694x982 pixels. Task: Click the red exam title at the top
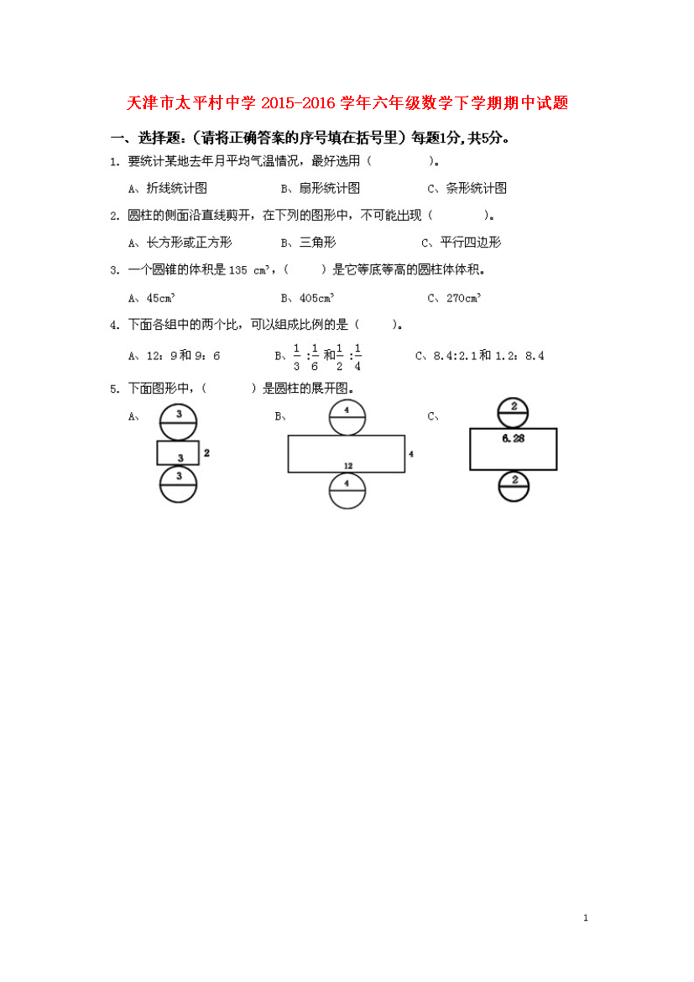(347, 102)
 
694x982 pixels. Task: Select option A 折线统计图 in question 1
(167, 188)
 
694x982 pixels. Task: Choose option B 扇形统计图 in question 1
(320, 188)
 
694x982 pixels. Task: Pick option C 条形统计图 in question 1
(467, 188)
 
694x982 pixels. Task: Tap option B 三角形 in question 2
(308, 243)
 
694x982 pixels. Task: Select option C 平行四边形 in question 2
(461, 243)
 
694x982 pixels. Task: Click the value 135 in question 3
(238, 270)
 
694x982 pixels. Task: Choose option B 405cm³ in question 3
(307, 298)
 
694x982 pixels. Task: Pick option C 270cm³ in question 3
(454, 298)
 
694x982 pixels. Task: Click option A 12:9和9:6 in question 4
(174, 356)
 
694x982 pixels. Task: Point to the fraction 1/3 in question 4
(297, 357)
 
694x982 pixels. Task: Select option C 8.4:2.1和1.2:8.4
(480, 356)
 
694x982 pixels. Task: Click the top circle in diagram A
(179, 404)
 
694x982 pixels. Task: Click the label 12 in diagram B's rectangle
(348, 466)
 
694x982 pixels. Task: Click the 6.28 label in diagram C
(513, 438)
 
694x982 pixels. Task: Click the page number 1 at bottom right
(586, 918)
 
